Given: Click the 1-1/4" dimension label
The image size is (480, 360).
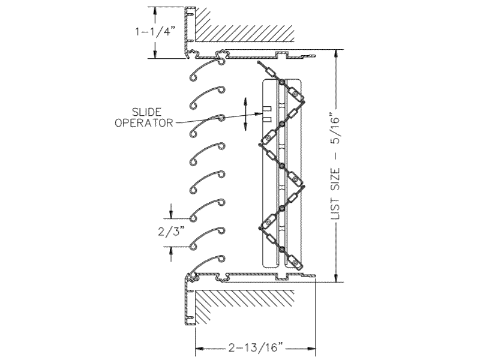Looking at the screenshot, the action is (x=155, y=31).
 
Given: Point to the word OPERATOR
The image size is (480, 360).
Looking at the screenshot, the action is (x=143, y=123).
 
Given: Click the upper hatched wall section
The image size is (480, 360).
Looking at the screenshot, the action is (x=245, y=25).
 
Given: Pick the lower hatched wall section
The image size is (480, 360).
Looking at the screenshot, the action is (x=245, y=306).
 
